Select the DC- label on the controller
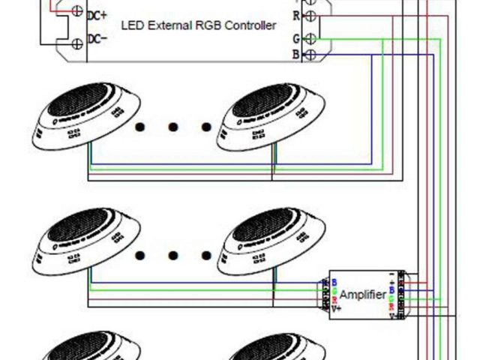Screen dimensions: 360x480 point(97,39)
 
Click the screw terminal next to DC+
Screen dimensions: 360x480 point(76,11)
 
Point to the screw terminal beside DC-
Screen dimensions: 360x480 point(76,43)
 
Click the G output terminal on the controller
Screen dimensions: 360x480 point(310,37)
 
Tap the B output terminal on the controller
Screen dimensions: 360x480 point(310,55)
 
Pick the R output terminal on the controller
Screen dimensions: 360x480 point(310,14)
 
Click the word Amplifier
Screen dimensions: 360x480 point(364,295)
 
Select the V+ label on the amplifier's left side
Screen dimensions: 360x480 point(337,308)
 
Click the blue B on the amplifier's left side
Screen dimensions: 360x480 point(334,282)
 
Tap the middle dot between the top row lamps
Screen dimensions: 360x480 point(172,127)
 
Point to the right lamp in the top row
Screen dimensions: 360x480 point(271,116)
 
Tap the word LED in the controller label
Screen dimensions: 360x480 point(132,26)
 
